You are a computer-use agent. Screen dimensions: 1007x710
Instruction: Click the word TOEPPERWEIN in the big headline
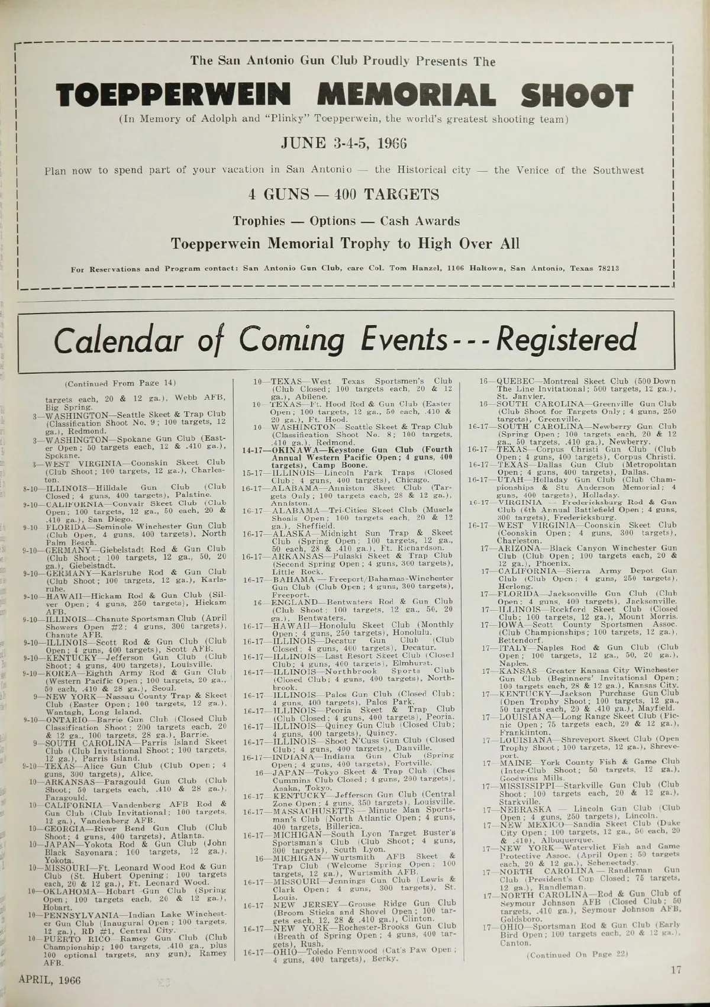tap(173, 96)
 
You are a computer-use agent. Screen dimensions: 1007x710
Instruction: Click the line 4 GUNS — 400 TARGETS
tap(344, 195)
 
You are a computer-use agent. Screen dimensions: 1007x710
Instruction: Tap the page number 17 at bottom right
tap(677, 970)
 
